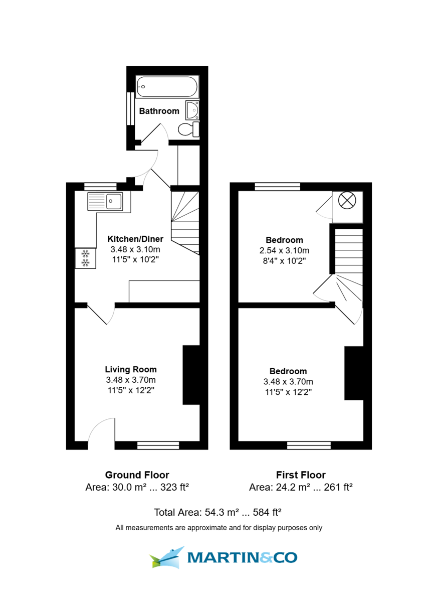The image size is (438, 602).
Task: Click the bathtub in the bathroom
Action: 167,87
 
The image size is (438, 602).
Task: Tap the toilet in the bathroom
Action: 187,129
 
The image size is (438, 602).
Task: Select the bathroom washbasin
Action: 192,109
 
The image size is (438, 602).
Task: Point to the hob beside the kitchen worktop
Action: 85,258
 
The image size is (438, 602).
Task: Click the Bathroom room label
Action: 159,111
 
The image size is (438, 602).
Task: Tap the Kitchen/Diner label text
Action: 136,239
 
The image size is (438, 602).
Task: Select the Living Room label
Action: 131,370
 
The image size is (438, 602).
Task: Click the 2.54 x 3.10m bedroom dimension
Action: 284,250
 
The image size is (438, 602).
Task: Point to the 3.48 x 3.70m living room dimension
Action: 131,380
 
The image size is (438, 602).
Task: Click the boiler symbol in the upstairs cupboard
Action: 346,201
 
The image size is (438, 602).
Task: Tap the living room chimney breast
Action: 191,375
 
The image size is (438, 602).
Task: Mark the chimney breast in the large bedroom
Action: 353,373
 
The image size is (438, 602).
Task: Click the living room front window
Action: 158,445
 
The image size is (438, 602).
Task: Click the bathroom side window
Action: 130,109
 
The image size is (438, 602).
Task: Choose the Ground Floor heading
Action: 137,475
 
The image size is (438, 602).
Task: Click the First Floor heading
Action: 301,475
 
